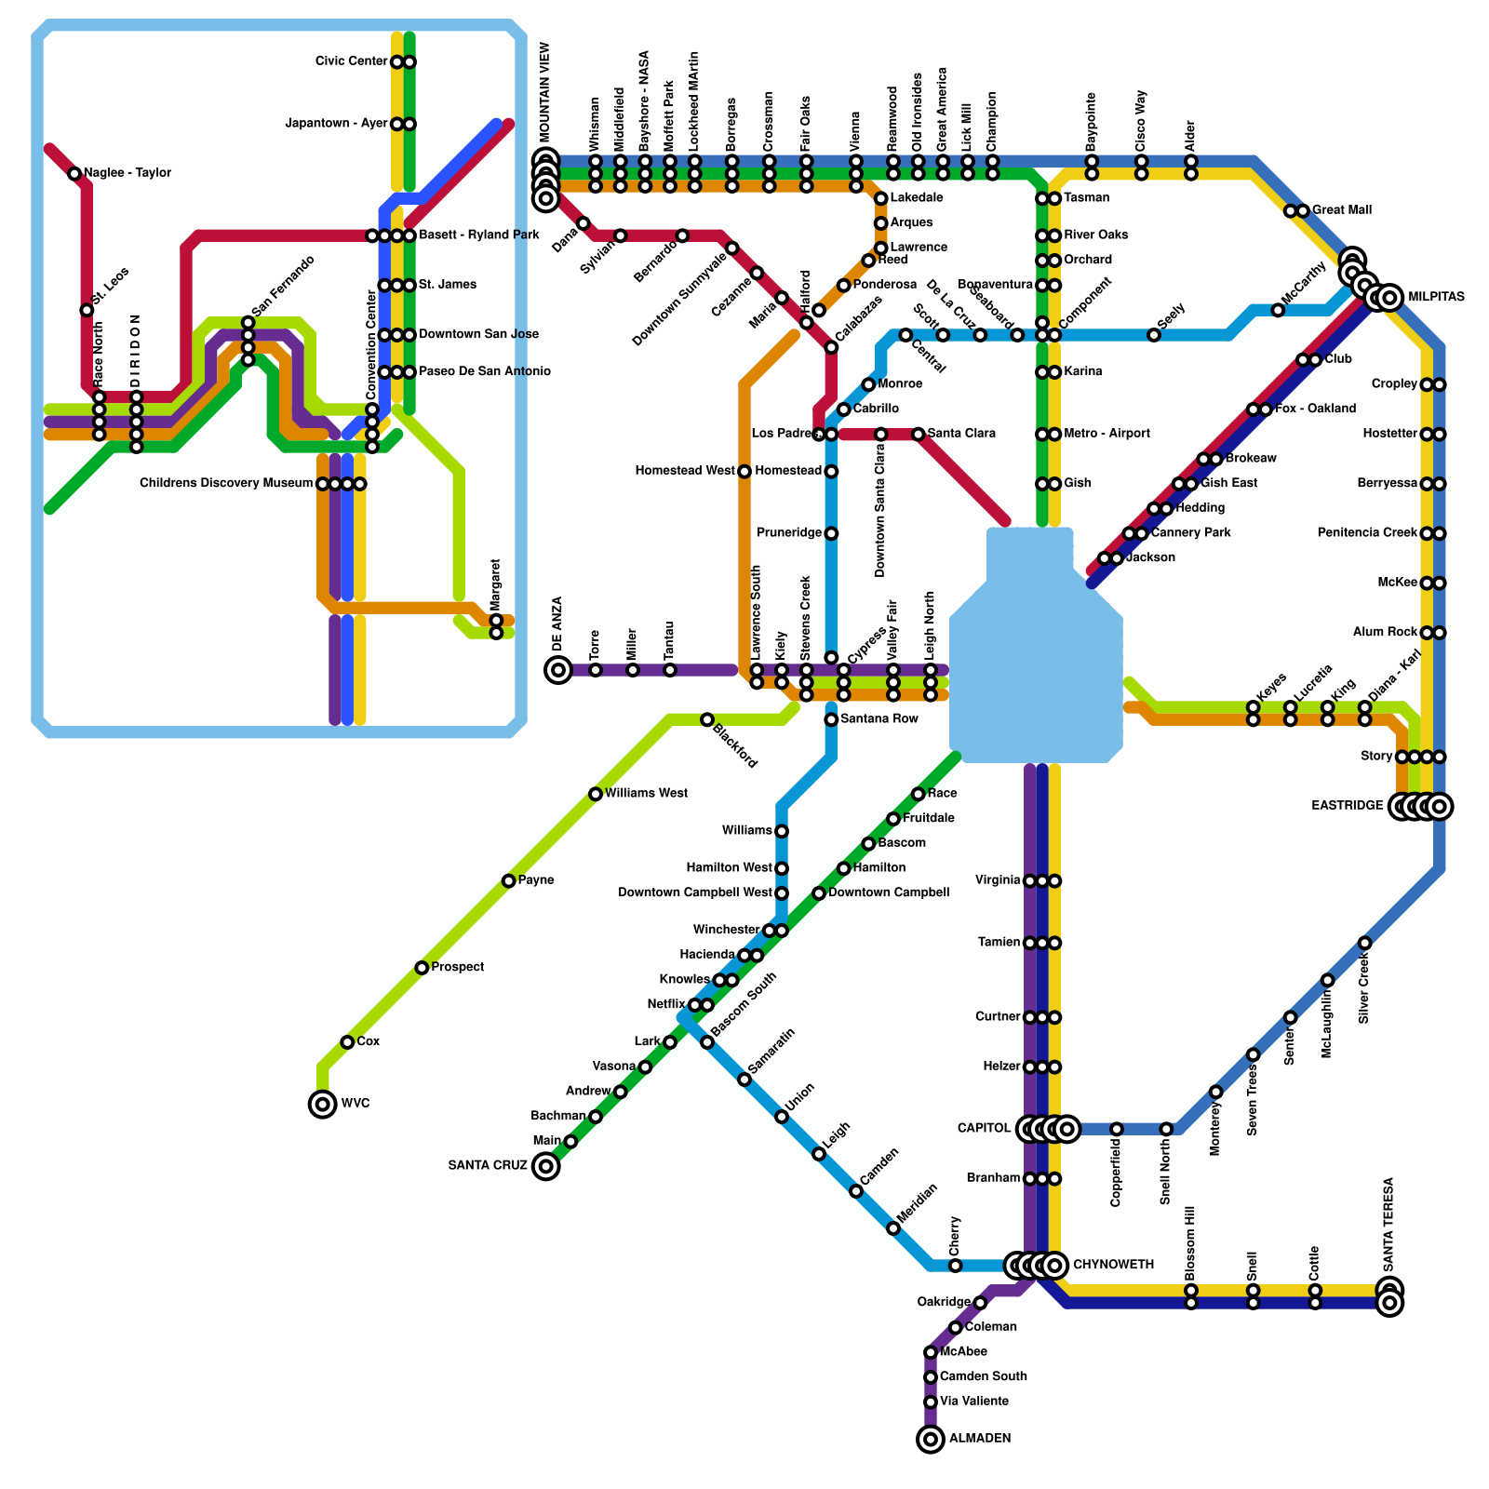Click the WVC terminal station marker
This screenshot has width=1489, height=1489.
(322, 1105)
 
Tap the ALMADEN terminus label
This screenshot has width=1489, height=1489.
(980, 1439)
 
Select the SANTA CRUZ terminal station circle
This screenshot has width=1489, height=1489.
(546, 1166)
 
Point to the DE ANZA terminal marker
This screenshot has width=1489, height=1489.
(558, 669)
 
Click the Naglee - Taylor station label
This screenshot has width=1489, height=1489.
(127, 173)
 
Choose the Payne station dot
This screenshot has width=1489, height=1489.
(508, 880)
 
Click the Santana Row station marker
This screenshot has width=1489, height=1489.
(831, 719)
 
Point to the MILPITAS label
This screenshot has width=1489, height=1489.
(1436, 298)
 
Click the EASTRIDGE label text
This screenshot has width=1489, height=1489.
(1347, 806)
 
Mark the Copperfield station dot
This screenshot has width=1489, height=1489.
(1117, 1129)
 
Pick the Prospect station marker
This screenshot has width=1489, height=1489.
(422, 968)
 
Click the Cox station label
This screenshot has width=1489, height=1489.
(369, 1042)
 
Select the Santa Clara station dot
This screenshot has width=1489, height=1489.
(919, 435)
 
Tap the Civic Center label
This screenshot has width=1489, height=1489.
(351, 62)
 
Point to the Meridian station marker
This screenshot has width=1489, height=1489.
(893, 1228)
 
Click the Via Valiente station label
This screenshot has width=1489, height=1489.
(973, 1402)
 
